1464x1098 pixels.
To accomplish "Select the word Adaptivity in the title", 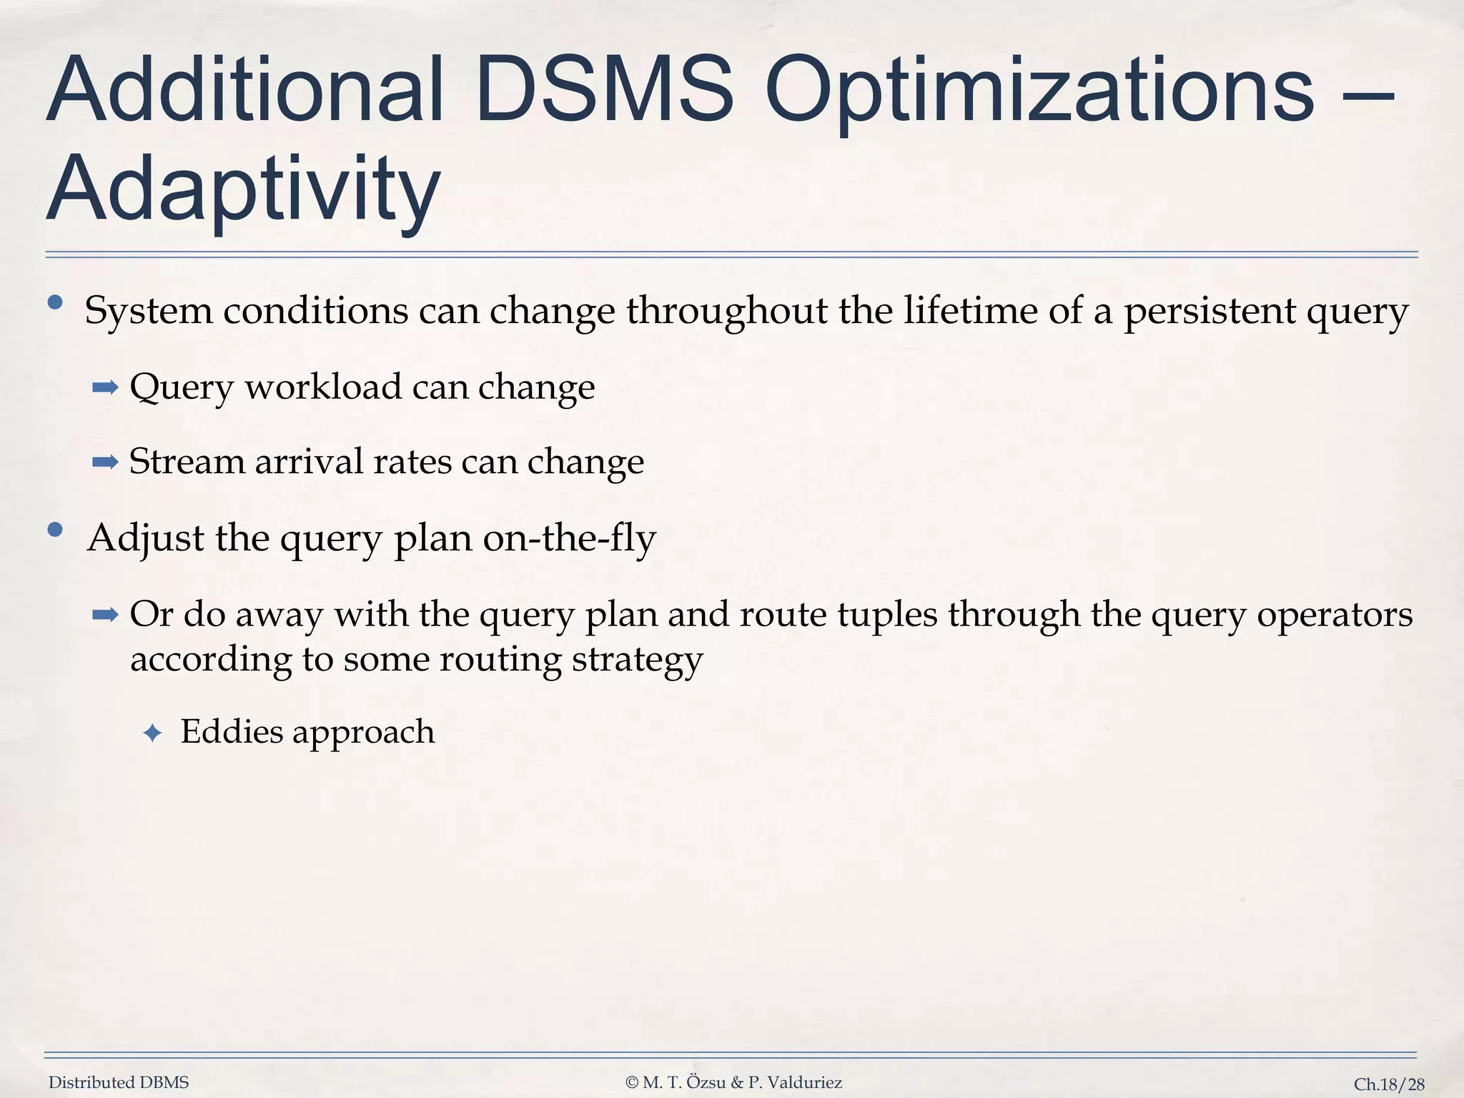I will point(243,189).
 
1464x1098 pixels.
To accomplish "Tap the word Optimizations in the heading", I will point(1039,91).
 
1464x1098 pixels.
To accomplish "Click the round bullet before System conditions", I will point(55,304).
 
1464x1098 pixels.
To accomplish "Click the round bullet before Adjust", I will point(55,530).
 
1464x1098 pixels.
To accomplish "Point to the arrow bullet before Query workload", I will point(105,388).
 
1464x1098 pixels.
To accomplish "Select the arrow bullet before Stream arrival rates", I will point(105,463).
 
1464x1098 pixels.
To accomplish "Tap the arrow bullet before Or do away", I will point(105,615).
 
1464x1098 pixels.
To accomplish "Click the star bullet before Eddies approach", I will point(152,733).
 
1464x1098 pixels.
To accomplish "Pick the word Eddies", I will point(232,731).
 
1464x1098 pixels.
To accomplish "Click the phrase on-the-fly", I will point(569,538).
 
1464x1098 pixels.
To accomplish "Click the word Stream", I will point(187,461).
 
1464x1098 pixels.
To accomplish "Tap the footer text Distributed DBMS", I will point(119,1082).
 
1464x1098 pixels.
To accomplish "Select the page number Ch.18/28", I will point(1389,1084).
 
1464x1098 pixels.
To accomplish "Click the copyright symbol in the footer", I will point(631,1082).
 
